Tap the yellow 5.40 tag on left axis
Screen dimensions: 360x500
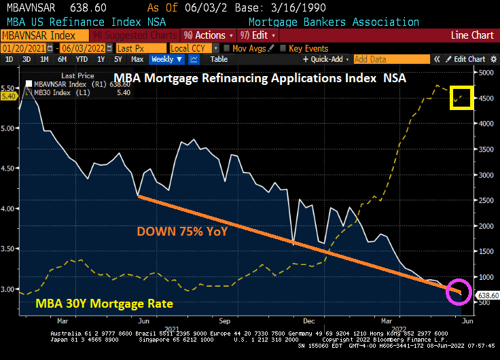tap(9, 96)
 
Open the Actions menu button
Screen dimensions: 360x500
tap(205, 35)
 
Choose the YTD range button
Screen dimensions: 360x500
tap(82, 60)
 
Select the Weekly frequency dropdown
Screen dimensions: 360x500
tap(166, 60)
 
